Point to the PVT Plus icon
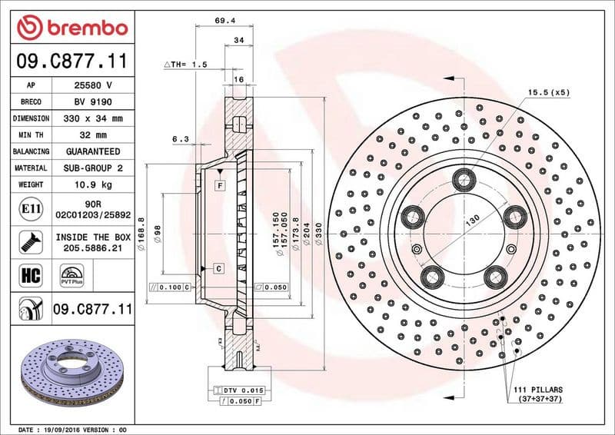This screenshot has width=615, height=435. (x=71, y=275)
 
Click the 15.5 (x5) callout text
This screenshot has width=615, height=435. (x=548, y=92)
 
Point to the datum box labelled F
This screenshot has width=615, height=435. (x=219, y=185)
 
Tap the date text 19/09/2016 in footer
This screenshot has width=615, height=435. (x=63, y=429)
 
